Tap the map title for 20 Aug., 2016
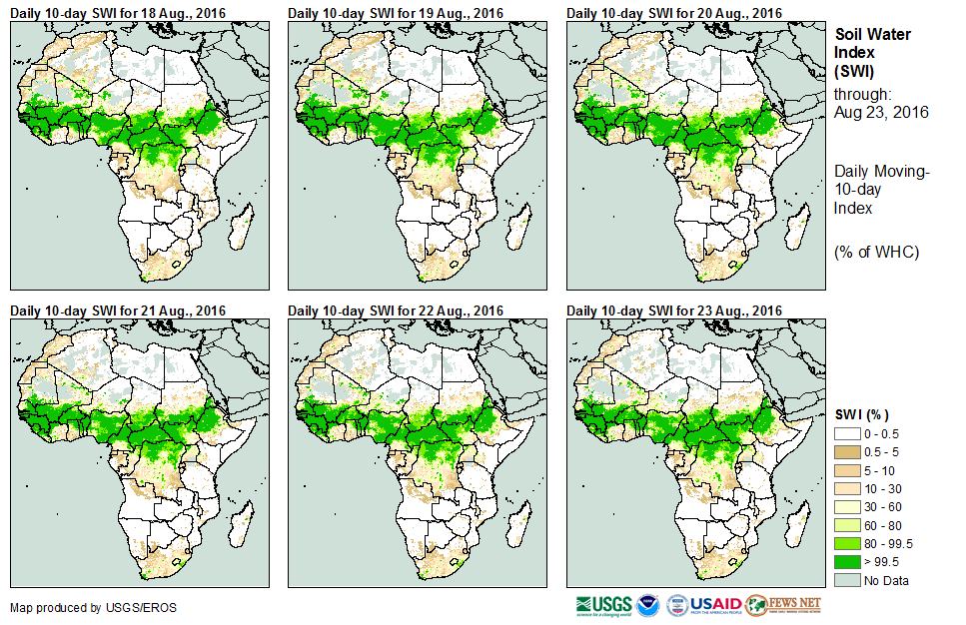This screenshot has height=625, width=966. point(674,13)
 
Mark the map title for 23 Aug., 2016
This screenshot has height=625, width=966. point(674,311)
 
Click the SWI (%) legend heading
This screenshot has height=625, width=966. point(862,414)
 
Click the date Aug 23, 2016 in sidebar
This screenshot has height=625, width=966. point(881,113)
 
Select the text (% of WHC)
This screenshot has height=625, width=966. point(876,252)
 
